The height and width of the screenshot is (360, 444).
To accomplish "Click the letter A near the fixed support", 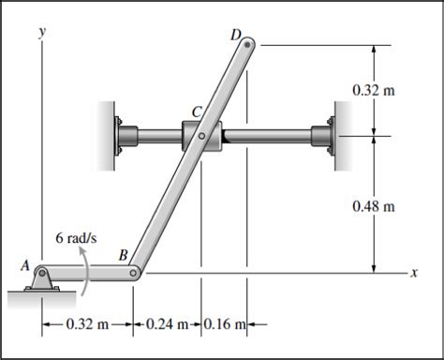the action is (x=25, y=265).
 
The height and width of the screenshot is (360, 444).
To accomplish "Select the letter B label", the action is (x=124, y=255).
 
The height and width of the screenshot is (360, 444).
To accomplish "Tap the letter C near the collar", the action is (x=197, y=112).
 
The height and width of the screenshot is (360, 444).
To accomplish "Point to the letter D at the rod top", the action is (x=236, y=35).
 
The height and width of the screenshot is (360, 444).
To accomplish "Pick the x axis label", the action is (x=414, y=273).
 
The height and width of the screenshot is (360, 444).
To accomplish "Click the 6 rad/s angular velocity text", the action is (x=76, y=238).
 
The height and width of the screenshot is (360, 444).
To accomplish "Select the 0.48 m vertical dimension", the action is (x=374, y=206).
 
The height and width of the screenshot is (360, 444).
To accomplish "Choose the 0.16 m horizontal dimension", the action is (x=225, y=324).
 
